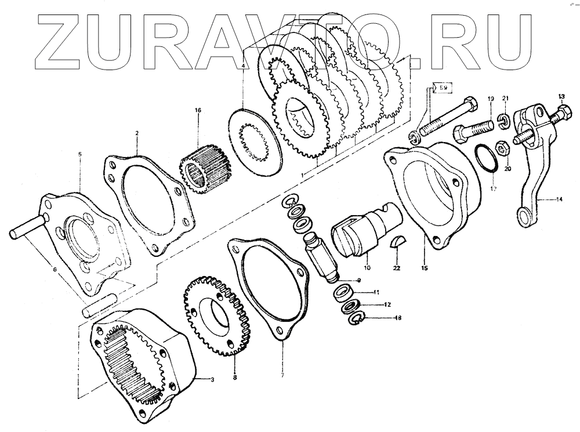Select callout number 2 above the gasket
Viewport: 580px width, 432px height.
[136, 133]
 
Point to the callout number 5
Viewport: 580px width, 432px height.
[79, 154]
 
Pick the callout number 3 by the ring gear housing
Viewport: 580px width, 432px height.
[212, 379]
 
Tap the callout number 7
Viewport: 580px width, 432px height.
[282, 376]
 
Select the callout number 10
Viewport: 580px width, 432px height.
[366, 268]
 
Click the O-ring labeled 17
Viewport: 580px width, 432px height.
[484, 157]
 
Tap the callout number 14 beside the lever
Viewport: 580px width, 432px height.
[559, 199]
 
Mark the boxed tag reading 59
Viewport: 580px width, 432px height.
[443, 89]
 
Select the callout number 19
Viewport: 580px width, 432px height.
[490, 99]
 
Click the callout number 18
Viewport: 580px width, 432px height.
[380, 318]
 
